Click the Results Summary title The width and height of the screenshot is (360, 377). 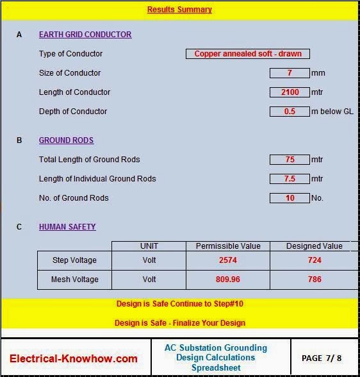click(x=179, y=10)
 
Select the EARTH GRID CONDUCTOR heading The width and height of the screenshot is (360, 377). click(x=85, y=35)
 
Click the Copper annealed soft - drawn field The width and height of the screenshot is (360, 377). click(x=247, y=54)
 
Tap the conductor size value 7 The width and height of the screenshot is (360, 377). click(x=290, y=73)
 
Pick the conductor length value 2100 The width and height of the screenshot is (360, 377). click(x=290, y=92)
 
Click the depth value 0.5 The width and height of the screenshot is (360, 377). click(x=290, y=112)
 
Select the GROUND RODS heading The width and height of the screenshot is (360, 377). click(x=66, y=140)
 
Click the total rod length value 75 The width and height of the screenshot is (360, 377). click(x=290, y=160)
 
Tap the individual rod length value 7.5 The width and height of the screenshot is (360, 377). click(x=290, y=179)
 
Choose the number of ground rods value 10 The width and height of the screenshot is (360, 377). click(x=290, y=198)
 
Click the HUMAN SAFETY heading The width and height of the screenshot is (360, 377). click(x=67, y=227)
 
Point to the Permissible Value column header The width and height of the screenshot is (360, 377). click(x=227, y=246)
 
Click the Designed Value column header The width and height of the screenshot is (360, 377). click(x=314, y=246)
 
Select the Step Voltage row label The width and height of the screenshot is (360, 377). click(x=74, y=260)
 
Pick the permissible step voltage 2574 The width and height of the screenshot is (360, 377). click(x=227, y=260)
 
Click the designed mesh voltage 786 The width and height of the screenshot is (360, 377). click(x=314, y=280)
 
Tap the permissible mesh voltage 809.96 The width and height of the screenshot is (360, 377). click(x=227, y=280)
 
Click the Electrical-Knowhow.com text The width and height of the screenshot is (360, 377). click(x=74, y=358)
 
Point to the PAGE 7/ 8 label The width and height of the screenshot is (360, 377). click(x=321, y=358)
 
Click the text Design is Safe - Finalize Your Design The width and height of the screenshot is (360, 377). click(x=179, y=323)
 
